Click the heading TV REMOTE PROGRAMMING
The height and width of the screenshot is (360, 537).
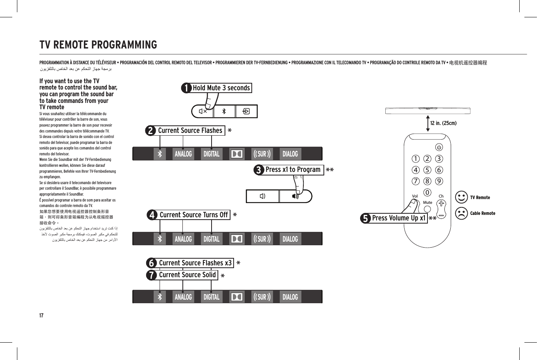point(98,45)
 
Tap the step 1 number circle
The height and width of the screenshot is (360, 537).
point(186,88)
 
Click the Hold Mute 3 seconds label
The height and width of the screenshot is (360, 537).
point(221,88)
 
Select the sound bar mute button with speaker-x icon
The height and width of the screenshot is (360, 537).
point(203,112)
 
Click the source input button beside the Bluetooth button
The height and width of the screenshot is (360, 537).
point(246,112)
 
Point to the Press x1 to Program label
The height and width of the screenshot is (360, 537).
point(293,170)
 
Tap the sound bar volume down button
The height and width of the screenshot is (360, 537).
point(262,196)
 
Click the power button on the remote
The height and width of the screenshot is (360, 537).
point(439,147)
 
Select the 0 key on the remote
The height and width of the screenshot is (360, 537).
point(427,192)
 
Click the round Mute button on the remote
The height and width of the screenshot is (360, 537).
point(427,209)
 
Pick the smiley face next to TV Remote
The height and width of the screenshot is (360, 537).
point(461,198)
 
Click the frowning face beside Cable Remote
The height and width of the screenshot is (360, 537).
point(461,213)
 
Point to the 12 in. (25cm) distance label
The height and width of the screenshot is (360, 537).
point(443,123)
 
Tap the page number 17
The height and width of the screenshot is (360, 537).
point(41,315)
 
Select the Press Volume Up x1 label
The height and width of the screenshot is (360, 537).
point(398,218)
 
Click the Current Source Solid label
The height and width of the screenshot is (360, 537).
point(187,275)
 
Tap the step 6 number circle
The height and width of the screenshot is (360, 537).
point(151,263)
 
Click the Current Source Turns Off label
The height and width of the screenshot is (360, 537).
point(193,215)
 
